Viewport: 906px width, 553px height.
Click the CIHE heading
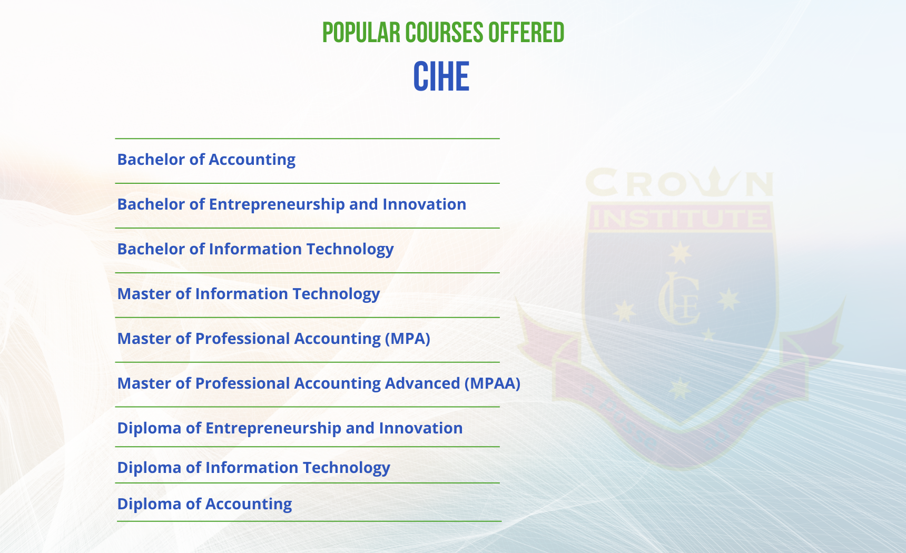pyautogui.click(x=441, y=77)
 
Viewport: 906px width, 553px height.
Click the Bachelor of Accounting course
pyautogui.click(x=206, y=160)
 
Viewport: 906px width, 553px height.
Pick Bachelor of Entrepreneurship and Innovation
pyautogui.click(x=291, y=204)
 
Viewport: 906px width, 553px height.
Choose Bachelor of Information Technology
pyautogui.click(x=255, y=249)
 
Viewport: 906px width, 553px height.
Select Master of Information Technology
pyautogui.click(x=248, y=294)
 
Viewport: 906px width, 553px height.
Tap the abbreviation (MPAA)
pyautogui.click(x=493, y=383)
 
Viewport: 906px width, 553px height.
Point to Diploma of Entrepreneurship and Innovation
pyautogui.click(x=290, y=428)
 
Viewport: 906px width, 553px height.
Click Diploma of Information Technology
pyautogui.click(x=253, y=468)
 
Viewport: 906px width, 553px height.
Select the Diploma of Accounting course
pyautogui.click(x=204, y=504)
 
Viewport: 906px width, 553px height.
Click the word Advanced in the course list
pyautogui.click(x=422, y=383)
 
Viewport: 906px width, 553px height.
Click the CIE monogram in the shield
pyautogui.click(x=679, y=298)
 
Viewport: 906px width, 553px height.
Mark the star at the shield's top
pyautogui.click(x=679, y=253)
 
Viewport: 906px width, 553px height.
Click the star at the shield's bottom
pyautogui.click(x=680, y=389)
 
